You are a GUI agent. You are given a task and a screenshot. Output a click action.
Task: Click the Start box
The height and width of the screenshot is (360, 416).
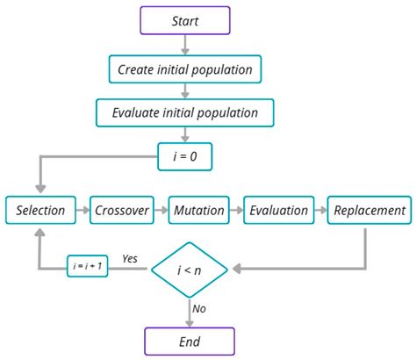185,20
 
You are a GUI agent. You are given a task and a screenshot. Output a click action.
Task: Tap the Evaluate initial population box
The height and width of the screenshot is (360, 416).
185,112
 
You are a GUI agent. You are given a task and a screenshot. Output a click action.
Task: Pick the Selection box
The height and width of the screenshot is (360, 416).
41,210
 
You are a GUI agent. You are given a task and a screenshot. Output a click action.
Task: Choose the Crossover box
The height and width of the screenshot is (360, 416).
121,210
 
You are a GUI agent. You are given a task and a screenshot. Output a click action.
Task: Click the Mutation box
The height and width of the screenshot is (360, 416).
198,210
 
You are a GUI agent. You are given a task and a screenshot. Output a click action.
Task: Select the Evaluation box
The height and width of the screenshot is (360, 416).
278,210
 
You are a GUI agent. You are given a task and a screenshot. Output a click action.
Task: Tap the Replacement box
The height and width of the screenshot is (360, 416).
368,210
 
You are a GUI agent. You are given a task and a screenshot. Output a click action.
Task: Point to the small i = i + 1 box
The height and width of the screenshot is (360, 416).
87,267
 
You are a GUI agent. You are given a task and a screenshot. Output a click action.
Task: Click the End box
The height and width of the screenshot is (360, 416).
189,342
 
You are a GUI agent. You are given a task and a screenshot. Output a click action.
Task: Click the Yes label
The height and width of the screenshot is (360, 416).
130,259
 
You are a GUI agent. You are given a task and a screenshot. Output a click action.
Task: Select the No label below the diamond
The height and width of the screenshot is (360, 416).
199,309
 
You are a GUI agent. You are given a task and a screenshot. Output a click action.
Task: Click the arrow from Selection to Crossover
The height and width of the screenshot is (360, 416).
84,210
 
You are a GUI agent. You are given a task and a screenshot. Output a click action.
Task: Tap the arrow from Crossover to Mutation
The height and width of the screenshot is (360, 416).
161,210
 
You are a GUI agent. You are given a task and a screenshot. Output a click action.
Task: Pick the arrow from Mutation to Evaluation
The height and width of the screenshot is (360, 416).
236,210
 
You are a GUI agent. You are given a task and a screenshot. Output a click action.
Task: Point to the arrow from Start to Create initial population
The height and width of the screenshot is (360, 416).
185,44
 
